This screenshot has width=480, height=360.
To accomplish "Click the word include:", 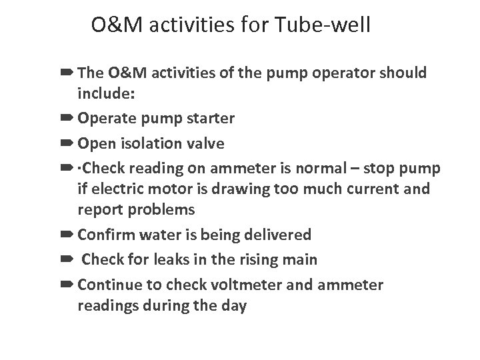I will [107, 94].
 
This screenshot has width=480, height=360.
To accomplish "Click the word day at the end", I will [233, 306].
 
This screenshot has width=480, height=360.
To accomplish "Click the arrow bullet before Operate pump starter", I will [68, 119].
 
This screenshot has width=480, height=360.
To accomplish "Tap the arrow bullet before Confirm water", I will [68, 235].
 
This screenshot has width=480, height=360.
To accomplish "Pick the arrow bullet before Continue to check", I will [68, 285].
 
